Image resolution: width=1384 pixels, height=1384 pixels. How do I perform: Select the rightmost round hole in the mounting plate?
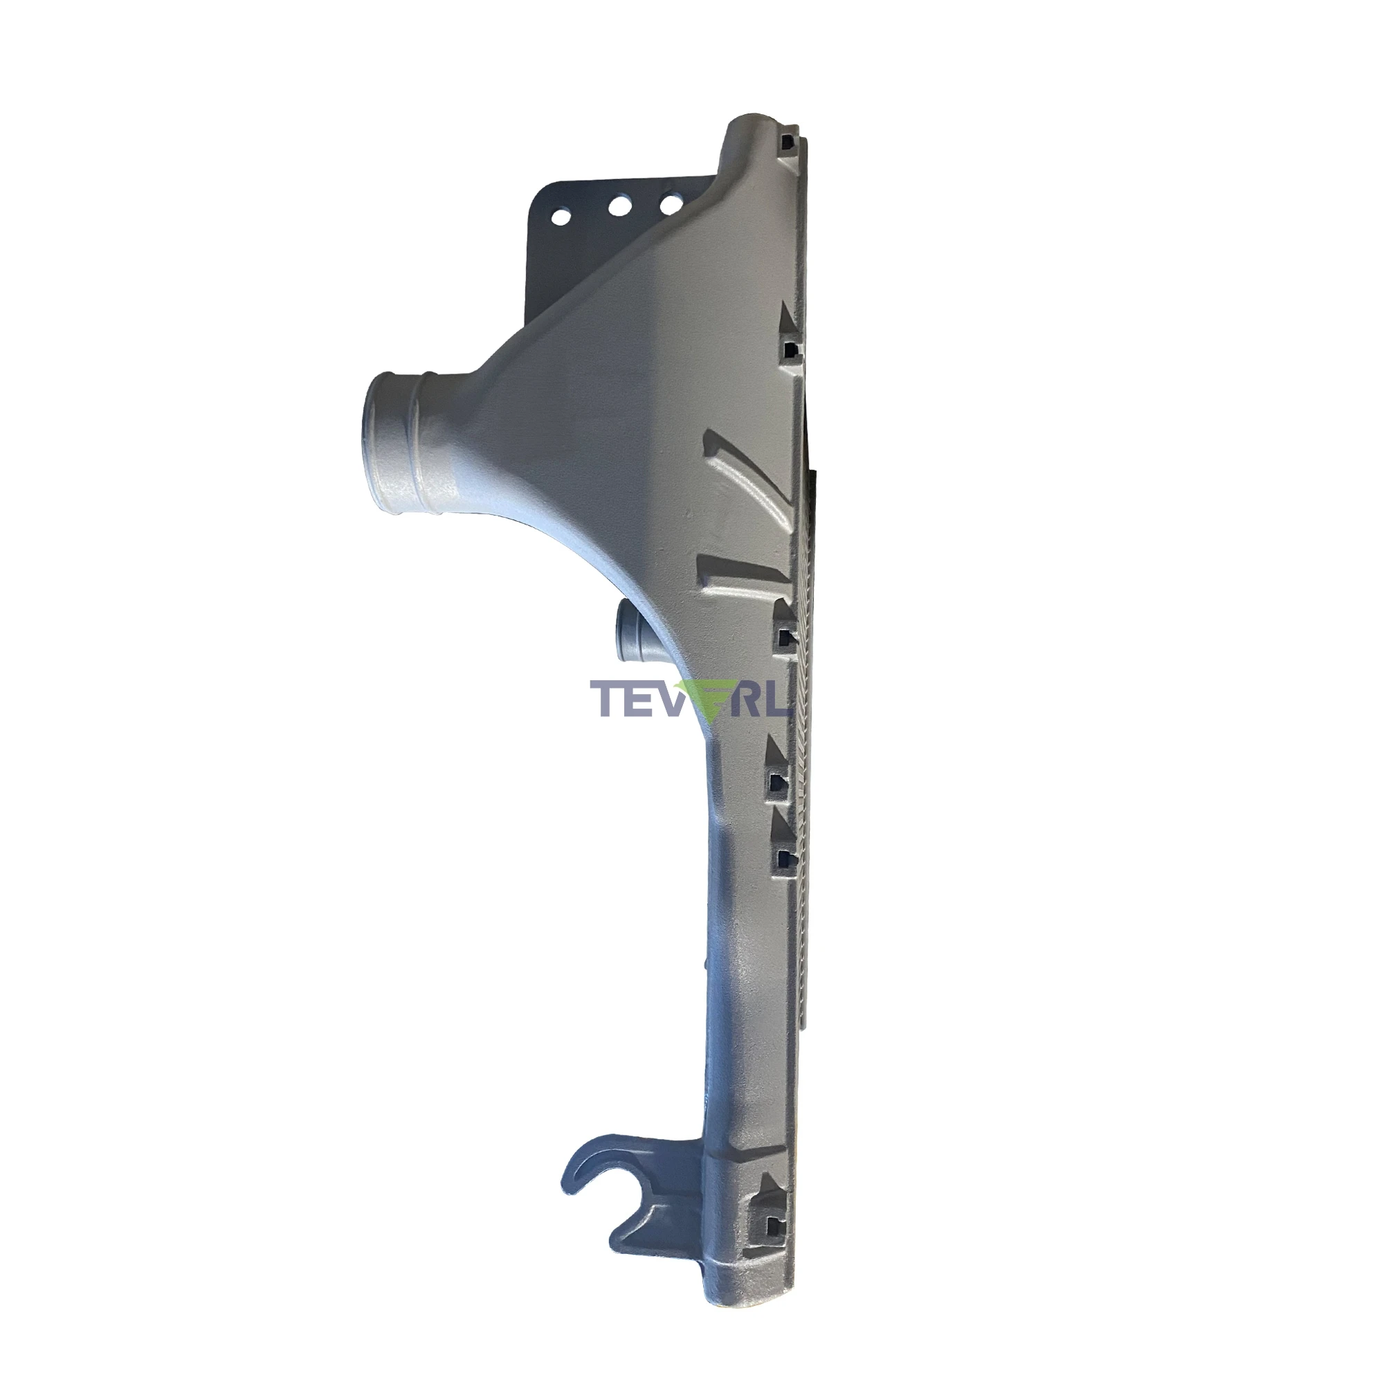tap(671, 203)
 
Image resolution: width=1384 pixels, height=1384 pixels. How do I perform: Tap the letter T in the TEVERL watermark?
tap(604, 698)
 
